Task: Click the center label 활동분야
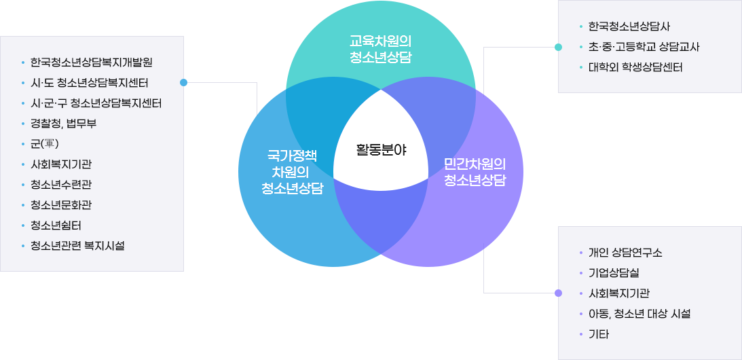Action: click(x=381, y=150)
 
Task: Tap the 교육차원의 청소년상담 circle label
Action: click(x=380, y=50)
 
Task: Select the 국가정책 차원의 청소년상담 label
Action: click(x=292, y=173)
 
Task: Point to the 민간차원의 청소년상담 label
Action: click(x=475, y=173)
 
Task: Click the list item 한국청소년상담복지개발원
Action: click(x=92, y=62)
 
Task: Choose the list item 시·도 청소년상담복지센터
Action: click(x=90, y=83)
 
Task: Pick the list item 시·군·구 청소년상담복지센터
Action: click(x=96, y=103)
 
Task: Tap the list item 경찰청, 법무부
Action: click(x=64, y=124)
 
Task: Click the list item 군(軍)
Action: click(x=45, y=143)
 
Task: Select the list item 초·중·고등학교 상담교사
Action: click(x=644, y=47)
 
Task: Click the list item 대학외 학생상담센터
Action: click(x=635, y=67)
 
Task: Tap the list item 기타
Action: click(x=599, y=334)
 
